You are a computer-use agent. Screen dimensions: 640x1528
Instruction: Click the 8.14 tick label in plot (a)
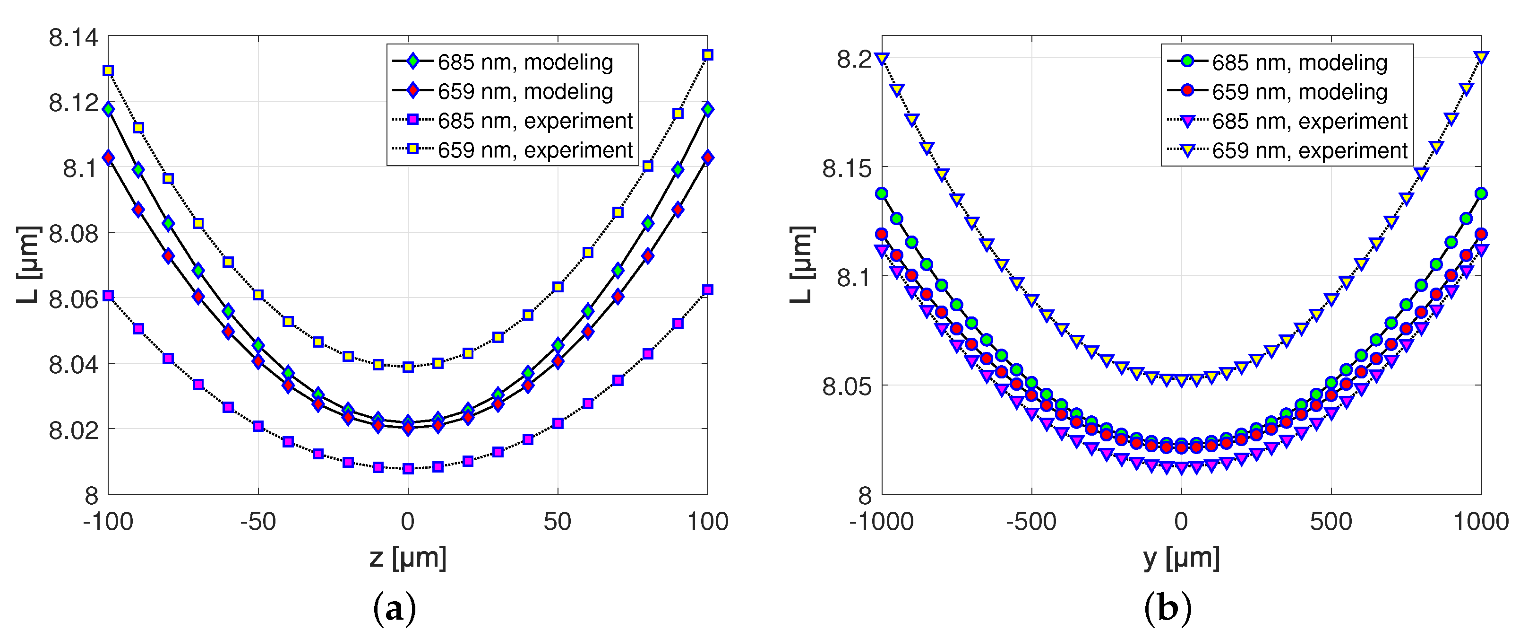click(x=73, y=37)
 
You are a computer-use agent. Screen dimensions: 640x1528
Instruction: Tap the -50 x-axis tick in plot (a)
click(x=258, y=522)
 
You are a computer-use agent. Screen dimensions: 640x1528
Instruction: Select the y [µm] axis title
click(x=1181, y=558)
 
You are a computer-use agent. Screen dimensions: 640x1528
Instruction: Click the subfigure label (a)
click(x=395, y=608)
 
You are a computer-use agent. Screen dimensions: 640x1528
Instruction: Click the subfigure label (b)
click(x=1167, y=608)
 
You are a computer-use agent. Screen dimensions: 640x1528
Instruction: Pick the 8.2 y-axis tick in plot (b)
click(x=854, y=59)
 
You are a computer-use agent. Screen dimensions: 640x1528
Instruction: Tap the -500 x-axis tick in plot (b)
click(x=1031, y=522)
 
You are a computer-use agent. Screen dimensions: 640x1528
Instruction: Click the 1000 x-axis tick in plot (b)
click(x=1481, y=522)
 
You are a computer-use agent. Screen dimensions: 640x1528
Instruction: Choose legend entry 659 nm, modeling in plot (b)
click(x=1299, y=91)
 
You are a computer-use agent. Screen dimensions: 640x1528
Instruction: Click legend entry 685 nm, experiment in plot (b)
click(x=1309, y=121)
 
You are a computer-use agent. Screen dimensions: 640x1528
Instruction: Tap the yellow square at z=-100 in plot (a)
click(x=108, y=70)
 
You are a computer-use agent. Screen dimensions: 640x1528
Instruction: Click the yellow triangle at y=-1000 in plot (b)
click(x=882, y=58)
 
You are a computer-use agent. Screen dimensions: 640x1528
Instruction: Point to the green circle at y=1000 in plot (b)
click(x=1481, y=193)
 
